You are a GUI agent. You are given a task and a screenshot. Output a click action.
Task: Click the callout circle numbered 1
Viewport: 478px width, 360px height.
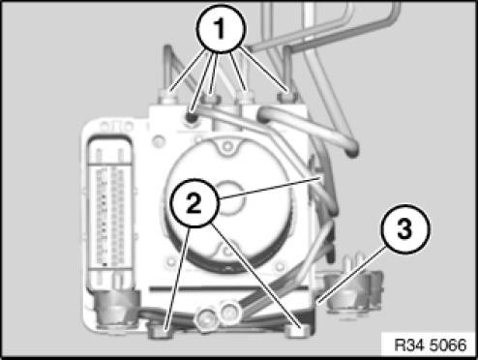pyautogui.click(x=221, y=29)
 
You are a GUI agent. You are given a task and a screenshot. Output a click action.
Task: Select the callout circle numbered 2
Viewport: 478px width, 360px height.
pyautogui.click(x=194, y=203)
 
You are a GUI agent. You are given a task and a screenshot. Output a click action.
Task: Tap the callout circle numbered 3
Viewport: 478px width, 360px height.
pyautogui.click(x=405, y=228)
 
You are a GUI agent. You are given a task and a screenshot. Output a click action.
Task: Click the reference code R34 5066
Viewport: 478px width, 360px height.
pyautogui.click(x=431, y=345)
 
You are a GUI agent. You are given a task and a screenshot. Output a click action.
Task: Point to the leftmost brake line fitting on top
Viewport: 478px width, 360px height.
pyautogui.click(x=167, y=98)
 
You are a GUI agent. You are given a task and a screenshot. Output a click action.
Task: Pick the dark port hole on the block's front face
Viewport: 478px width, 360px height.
pyautogui.click(x=191, y=117)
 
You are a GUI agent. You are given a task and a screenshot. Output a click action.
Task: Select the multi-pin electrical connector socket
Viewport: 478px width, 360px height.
pyautogui.click(x=110, y=205)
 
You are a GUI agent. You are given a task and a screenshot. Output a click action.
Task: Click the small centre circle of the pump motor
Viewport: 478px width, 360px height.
pyautogui.click(x=229, y=197)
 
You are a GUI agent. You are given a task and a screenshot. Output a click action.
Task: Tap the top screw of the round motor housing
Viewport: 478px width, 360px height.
pyautogui.click(x=227, y=146)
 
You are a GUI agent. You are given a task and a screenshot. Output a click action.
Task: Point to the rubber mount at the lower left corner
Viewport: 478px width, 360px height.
pyautogui.click(x=114, y=310)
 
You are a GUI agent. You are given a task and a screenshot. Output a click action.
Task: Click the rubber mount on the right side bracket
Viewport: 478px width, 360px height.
pyautogui.click(x=348, y=293)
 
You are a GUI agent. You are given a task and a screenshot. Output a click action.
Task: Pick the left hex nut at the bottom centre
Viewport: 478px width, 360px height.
pyautogui.click(x=206, y=320)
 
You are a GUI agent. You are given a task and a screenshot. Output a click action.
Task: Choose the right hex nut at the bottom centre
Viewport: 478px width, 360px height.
pyautogui.click(x=229, y=312)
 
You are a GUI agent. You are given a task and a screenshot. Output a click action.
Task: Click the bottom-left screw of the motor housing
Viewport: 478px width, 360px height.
pyautogui.click(x=170, y=260)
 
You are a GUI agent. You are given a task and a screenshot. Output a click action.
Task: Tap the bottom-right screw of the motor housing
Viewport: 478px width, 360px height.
pyautogui.click(x=281, y=266)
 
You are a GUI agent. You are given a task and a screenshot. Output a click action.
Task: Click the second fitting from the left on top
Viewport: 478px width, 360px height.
pyautogui.click(x=210, y=99)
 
